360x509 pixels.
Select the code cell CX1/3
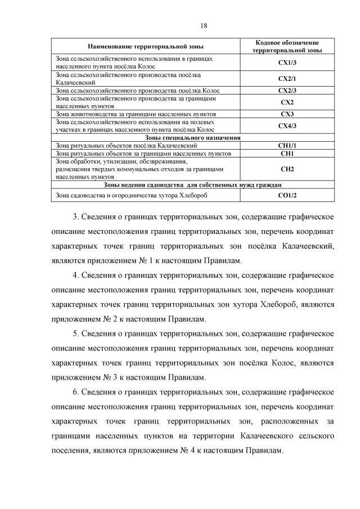coord(287,62)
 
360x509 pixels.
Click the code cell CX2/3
coord(287,90)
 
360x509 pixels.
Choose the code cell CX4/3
coord(287,125)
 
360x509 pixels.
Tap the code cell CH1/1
coord(287,145)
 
